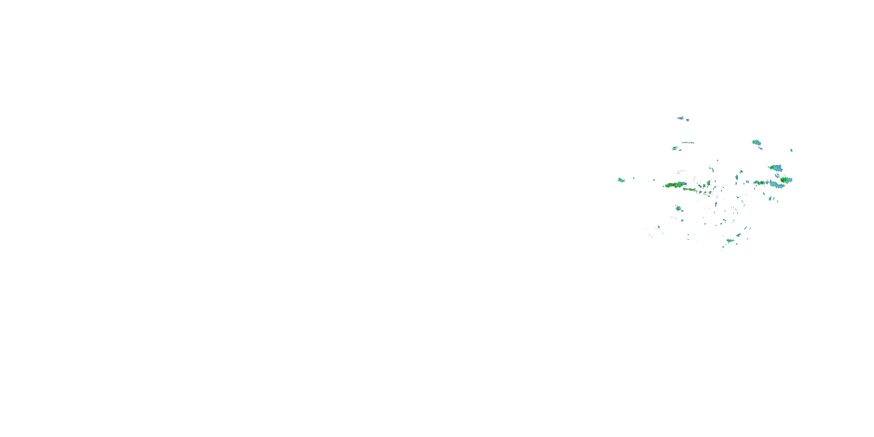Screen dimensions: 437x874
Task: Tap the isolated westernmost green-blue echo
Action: (x=621, y=180)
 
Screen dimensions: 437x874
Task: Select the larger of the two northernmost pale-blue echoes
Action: (x=680, y=118)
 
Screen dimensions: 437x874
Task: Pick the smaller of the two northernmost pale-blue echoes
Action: (x=688, y=120)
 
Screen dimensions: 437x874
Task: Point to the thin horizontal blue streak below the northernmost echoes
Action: (x=688, y=142)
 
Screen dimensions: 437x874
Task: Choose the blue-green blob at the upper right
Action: (x=756, y=142)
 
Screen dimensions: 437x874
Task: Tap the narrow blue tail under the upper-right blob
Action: (x=761, y=148)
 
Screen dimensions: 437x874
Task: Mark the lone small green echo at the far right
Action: (x=791, y=150)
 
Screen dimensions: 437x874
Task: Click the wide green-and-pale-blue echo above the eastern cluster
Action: (x=776, y=168)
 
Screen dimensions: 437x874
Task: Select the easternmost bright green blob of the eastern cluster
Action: (x=786, y=179)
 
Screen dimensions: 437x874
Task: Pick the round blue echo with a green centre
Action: (x=678, y=208)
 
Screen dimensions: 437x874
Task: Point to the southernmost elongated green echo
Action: (x=730, y=241)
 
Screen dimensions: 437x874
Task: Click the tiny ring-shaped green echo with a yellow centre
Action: (x=709, y=184)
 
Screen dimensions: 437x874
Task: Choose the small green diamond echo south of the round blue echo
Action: (x=682, y=220)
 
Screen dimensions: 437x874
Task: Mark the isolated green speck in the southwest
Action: (x=658, y=227)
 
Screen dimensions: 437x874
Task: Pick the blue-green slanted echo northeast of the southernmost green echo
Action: (x=738, y=235)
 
